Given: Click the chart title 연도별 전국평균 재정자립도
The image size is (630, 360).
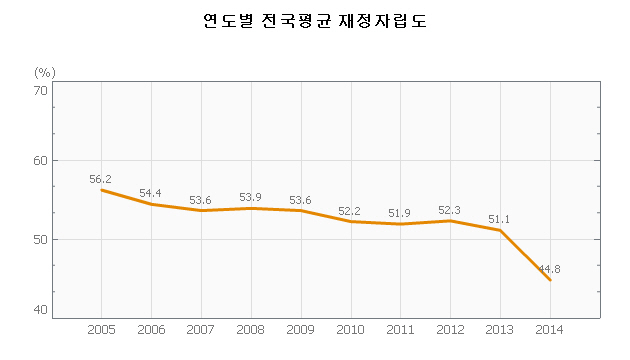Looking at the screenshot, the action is click(x=315, y=21).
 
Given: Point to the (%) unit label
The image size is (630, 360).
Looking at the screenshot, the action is click(x=45, y=73).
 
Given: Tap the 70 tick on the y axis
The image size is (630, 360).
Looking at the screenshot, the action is click(x=40, y=90).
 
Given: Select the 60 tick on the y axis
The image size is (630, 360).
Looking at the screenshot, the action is click(x=40, y=161).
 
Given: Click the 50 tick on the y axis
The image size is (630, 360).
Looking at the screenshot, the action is click(x=40, y=239).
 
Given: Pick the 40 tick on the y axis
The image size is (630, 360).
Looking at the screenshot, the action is click(x=40, y=310).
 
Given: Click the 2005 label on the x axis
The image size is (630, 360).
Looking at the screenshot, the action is click(x=101, y=330).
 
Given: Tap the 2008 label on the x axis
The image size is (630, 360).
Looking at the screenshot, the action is click(x=250, y=330).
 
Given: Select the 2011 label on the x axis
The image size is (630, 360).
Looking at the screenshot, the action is click(x=400, y=330).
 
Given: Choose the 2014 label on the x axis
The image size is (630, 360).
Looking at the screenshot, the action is click(x=550, y=330).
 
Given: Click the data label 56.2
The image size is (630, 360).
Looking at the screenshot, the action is click(x=100, y=179).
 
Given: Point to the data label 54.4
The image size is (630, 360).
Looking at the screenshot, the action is click(x=150, y=193).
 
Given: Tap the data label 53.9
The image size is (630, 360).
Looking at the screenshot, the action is click(x=250, y=197).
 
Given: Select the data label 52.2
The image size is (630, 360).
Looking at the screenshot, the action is click(x=349, y=211).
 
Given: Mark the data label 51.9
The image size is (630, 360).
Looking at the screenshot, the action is click(x=399, y=213).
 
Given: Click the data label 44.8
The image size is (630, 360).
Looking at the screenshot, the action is click(x=549, y=269).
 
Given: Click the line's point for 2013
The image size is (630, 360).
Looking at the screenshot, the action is click(x=500, y=230).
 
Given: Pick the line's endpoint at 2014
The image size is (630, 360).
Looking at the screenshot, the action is click(x=550, y=280).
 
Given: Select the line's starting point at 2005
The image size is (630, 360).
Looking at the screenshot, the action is click(x=101, y=190).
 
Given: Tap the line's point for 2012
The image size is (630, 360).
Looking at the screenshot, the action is click(x=450, y=221).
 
